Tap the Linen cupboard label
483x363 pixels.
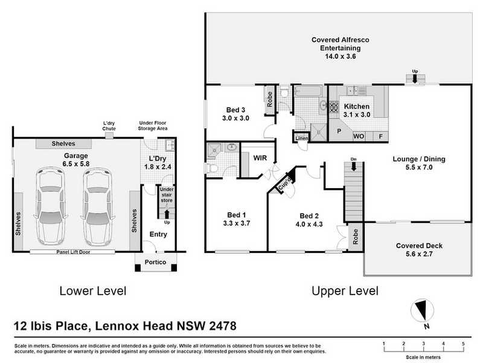pos(301,139)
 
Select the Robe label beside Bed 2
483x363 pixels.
pos(356,237)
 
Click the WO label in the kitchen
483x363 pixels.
pos(358,137)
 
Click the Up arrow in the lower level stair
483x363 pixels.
pos(167,213)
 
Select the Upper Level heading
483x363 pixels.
pos(345,291)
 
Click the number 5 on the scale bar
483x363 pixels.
pos(462,344)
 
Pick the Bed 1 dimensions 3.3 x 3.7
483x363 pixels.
pos(235,223)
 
